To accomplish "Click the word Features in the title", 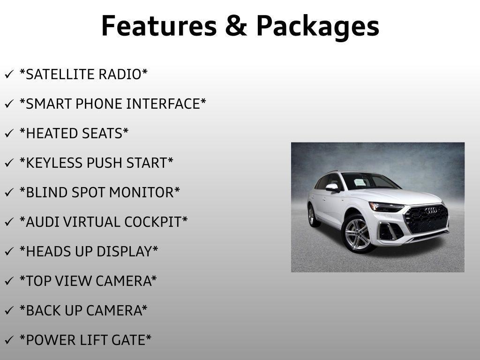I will coord(158,26).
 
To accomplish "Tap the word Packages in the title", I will coord(317,27).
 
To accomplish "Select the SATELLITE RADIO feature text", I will coord(83,75).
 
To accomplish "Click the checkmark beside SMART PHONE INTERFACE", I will coord(9,105).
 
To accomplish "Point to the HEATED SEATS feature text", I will coord(74,134).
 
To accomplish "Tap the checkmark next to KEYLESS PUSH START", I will coord(9,164).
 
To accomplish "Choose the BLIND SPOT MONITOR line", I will coord(100,193).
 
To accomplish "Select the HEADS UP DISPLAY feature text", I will coord(89,252).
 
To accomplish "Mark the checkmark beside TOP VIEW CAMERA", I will coord(9,282).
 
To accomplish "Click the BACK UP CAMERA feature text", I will coord(83,310).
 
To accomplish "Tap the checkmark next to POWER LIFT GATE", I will coord(9,340).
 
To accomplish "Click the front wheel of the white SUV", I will coord(357,233).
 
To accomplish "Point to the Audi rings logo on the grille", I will coord(431,210).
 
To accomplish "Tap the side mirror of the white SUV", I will coord(332,187).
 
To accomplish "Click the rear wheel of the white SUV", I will coord(312,216).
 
